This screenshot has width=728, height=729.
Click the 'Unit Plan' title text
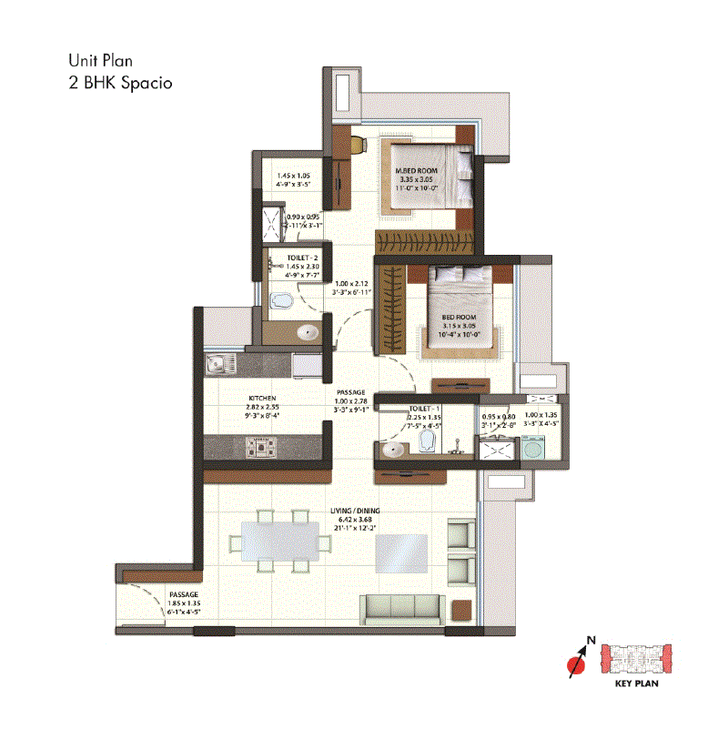tap(101, 62)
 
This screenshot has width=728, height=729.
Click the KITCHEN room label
tap(262, 399)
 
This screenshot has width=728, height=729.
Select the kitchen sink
tap(217, 366)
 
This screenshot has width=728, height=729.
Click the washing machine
tap(536, 450)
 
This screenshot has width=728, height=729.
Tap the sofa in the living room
tap(404, 607)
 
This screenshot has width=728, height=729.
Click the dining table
tap(278, 544)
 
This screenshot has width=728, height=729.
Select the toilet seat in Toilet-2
tap(283, 300)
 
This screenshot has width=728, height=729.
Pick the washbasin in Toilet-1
tap(394, 448)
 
